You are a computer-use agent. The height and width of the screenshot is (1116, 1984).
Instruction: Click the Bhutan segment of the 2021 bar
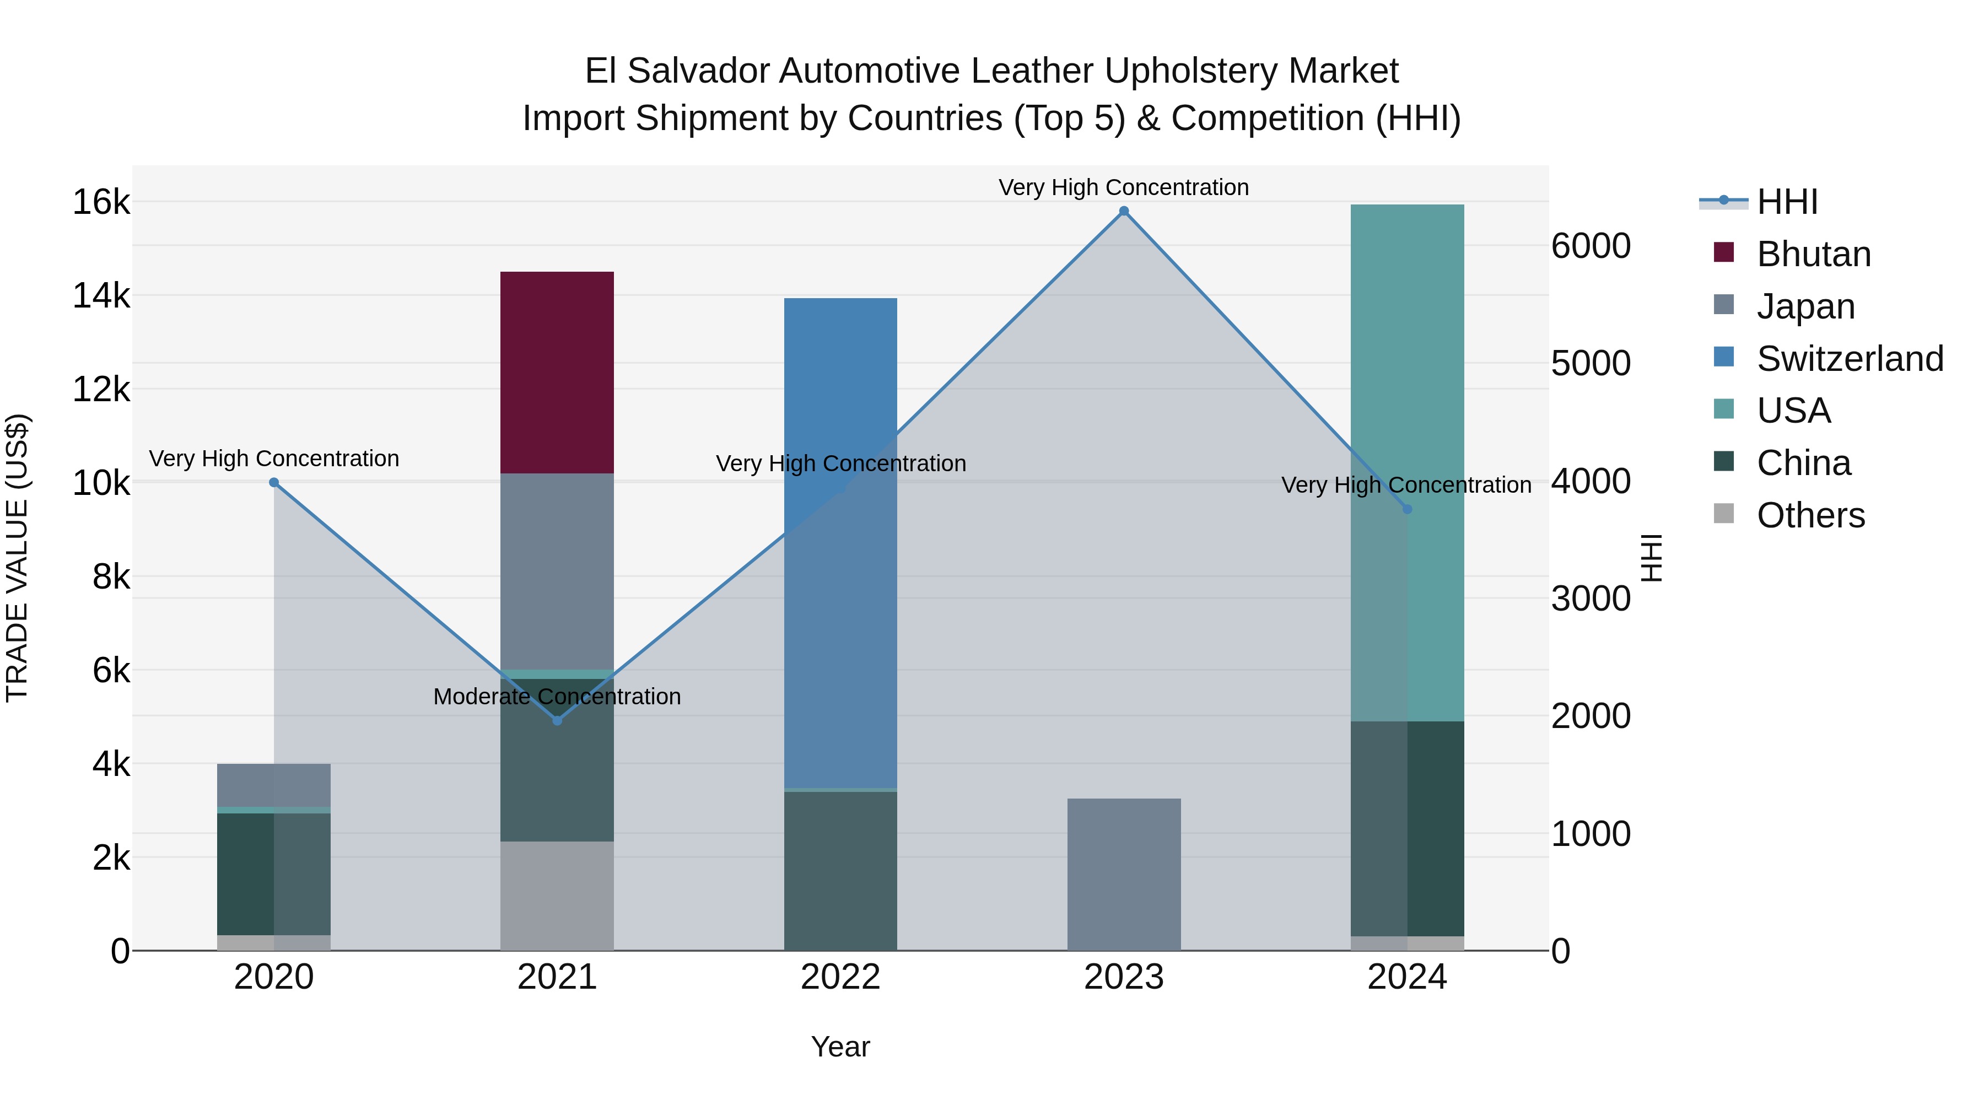[557, 372]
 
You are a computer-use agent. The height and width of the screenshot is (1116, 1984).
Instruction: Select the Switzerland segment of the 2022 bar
[840, 542]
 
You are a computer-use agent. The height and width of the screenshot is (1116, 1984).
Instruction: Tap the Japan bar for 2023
[1124, 874]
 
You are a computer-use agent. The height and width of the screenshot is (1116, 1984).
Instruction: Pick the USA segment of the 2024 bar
[1407, 462]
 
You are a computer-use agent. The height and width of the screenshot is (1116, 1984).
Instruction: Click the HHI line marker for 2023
[1124, 211]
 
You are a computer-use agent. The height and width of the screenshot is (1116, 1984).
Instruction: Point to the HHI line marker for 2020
[274, 483]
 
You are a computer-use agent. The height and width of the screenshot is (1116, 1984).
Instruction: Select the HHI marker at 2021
[558, 721]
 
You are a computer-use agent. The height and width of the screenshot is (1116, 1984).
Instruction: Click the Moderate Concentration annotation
[557, 696]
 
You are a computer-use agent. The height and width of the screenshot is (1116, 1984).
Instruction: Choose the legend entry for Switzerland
[1848, 359]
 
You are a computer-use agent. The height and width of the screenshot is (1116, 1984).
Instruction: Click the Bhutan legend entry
[1813, 254]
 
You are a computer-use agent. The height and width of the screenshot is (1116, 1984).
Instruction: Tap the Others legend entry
[1810, 515]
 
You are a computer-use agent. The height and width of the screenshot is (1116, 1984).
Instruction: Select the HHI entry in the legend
[1787, 202]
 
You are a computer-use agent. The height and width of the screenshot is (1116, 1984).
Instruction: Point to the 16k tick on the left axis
[101, 203]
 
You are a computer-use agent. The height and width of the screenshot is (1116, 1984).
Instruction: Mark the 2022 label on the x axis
[840, 977]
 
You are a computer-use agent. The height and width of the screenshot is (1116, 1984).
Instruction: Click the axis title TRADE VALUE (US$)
[17, 558]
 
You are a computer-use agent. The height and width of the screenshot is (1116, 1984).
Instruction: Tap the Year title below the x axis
[840, 1047]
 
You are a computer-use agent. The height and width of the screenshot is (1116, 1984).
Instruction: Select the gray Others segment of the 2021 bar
[557, 895]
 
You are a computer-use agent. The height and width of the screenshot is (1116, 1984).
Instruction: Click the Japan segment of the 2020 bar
[274, 785]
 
